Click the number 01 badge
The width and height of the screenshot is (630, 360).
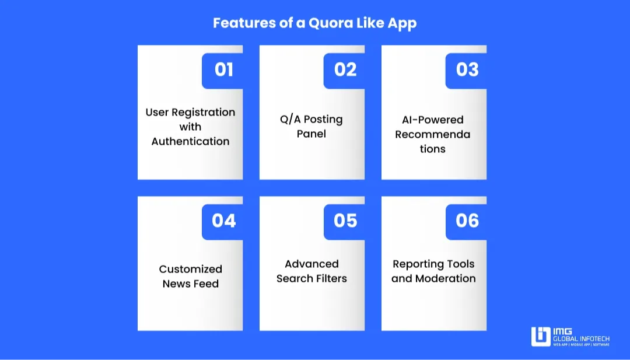pos(223,70)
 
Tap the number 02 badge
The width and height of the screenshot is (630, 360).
pos(345,70)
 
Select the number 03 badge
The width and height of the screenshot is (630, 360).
pos(467,70)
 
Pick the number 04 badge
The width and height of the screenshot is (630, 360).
pos(223,221)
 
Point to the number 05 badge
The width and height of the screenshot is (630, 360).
pos(345,221)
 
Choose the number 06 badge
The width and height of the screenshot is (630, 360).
pos(467,221)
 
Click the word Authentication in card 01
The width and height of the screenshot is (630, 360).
pos(190,141)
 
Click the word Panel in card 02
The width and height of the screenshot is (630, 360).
pos(311,134)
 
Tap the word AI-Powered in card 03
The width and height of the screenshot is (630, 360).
pos(432,120)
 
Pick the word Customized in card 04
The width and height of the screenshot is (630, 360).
pos(190,269)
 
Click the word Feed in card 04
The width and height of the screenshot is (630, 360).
pos(206,284)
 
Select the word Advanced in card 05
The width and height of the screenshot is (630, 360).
pos(311,264)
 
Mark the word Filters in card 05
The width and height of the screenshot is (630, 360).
pos(331,278)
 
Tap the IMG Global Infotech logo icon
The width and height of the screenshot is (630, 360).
pos(541,337)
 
